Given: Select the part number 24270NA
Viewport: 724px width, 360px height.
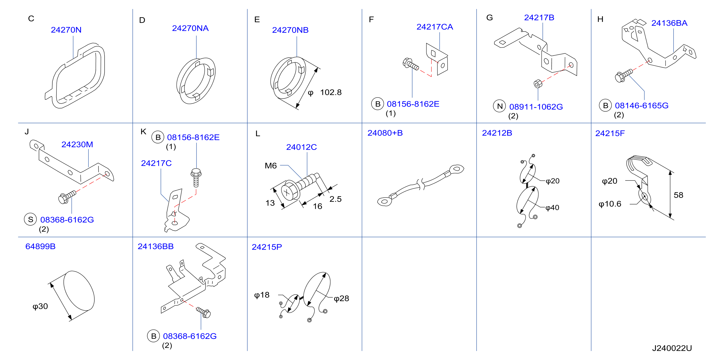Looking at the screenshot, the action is tap(190, 28).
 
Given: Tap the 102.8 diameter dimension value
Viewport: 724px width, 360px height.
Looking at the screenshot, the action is tap(331, 92).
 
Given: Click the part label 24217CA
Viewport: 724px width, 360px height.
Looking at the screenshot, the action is tap(434, 27).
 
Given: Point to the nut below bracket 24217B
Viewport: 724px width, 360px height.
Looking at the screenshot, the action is tap(538, 84).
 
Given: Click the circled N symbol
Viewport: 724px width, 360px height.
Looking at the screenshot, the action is tap(499, 106).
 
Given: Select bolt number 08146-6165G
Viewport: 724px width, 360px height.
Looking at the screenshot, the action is tap(642, 106).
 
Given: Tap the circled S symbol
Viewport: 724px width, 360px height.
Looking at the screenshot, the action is tap(30, 219).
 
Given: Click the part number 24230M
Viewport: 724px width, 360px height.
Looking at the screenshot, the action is tap(77, 144).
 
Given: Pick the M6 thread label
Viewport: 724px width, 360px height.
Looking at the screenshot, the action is tap(271, 166).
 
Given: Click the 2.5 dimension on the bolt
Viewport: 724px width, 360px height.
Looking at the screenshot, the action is tap(335, 199).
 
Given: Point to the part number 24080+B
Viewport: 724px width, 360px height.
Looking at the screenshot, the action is tap(385, 133).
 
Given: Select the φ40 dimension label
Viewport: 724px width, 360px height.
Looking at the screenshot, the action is tap(552, 208).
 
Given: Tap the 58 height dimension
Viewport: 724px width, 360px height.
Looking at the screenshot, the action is tap(678, 195).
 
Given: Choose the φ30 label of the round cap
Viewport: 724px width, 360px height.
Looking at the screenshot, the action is tap(40, 306).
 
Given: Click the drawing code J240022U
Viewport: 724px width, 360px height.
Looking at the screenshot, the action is tap(672, 348).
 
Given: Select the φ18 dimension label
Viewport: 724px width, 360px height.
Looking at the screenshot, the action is tap(262, 295).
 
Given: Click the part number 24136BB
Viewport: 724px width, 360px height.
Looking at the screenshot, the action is tap(155, 246).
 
